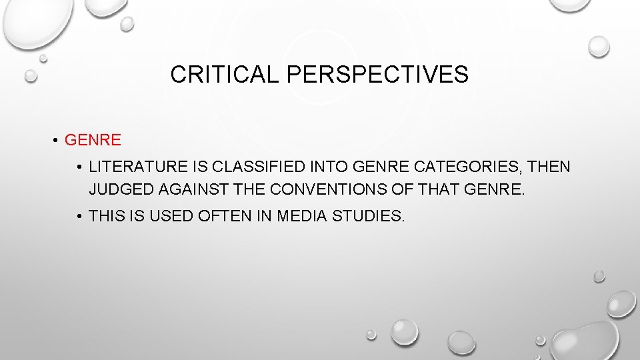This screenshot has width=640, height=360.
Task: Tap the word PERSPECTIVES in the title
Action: [x=377, y=75]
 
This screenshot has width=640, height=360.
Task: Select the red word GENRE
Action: [x=93, y=140]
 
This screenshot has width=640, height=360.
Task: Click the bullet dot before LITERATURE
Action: [x=79, y=167]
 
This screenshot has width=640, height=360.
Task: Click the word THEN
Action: [x=550, y=166]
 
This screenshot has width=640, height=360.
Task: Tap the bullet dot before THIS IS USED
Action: [x=79, y=216]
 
